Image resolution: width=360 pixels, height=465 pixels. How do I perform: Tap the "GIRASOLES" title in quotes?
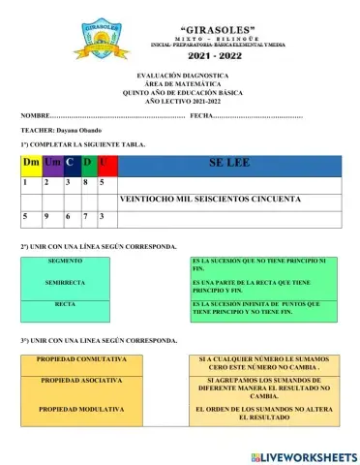click(205, 30)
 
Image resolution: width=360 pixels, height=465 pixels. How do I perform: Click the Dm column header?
click(30, 163)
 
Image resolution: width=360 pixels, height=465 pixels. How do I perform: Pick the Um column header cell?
click(52, 163)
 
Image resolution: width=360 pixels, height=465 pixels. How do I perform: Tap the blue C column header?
click(71, 163)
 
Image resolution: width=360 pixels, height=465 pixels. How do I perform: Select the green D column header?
click(88, 163)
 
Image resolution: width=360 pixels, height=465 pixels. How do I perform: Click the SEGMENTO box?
click(65, 263)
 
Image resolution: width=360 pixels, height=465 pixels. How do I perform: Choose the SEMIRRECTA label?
click(65, 283)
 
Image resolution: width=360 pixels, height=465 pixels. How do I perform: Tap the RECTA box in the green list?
click(65, 304)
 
